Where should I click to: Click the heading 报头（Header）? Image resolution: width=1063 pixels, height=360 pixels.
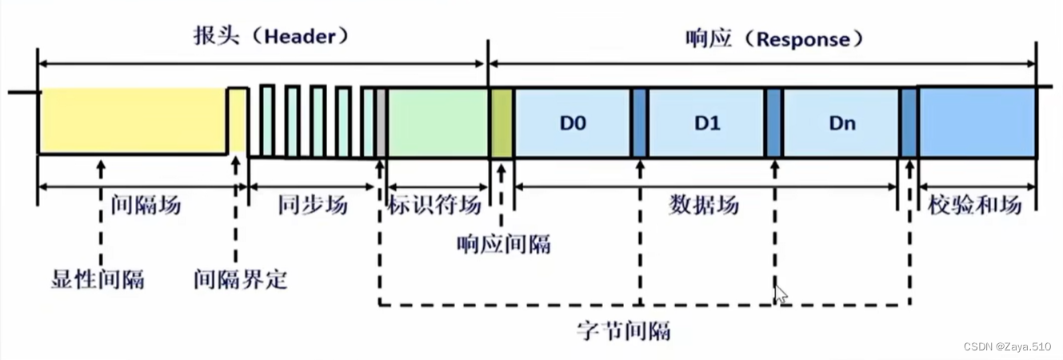[272, 37]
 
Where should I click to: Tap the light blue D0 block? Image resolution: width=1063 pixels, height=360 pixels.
[573, 123]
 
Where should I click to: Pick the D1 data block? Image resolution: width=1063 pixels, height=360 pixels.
[706, 123]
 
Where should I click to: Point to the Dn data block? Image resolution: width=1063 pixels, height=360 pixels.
[841, 123]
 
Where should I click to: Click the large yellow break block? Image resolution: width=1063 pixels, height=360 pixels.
[132, 120]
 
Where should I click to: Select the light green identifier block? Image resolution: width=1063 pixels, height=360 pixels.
[438, 122]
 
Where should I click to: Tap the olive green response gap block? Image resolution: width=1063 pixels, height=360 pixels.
[502, 122]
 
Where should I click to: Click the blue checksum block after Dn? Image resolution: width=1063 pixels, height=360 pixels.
[977, 122]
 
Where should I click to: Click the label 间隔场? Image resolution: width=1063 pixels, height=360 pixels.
[146, 206]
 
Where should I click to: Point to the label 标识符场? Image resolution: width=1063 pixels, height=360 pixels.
[434, 206]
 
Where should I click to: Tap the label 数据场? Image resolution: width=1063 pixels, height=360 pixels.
[703, 206]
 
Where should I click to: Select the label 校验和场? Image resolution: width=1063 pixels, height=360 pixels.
[975, 206]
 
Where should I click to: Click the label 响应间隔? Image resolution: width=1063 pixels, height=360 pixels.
[502, 244]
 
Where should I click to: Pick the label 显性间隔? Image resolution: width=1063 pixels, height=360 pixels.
[97, 280]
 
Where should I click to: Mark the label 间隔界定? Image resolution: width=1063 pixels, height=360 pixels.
[239, 280]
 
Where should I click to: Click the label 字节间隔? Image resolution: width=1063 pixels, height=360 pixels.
[623, 330]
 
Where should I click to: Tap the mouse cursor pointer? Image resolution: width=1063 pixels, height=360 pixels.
[780, 294]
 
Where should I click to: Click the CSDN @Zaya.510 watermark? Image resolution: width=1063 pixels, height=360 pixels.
[1007, 346]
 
